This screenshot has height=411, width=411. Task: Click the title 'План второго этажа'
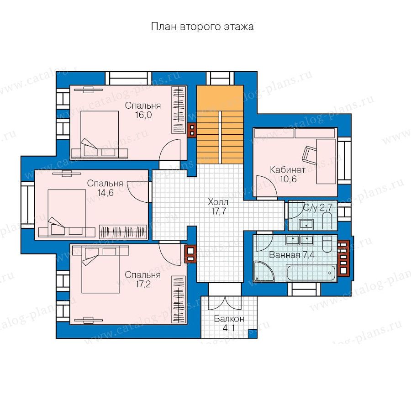tap(202, 27)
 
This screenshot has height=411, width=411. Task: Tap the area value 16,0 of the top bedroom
tap(143, 115)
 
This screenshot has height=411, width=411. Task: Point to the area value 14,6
tap(105, 193)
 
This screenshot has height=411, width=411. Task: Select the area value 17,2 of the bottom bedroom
tap(143, 284)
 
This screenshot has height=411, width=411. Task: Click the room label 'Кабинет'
tap(288, 170)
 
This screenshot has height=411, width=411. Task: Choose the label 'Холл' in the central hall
tap(218, 202)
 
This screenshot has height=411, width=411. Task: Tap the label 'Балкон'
tap(229, 319)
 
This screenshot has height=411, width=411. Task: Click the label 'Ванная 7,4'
tap(292, 255)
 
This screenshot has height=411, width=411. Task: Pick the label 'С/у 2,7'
tap(318, 208)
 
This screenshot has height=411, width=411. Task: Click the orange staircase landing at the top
tap(220, 98)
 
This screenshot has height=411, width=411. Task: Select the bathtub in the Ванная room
tap(311, 273)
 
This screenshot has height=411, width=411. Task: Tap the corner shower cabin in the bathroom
tap(263, 271)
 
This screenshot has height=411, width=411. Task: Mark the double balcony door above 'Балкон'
tap(225, 304)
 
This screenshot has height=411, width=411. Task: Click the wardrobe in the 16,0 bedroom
tap(179, 110)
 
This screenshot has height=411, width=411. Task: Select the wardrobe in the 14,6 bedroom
tap(123, 232)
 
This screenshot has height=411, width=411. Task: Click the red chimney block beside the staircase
tap(192, 130)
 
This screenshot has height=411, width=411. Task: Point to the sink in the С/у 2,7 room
tap(306, 225)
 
